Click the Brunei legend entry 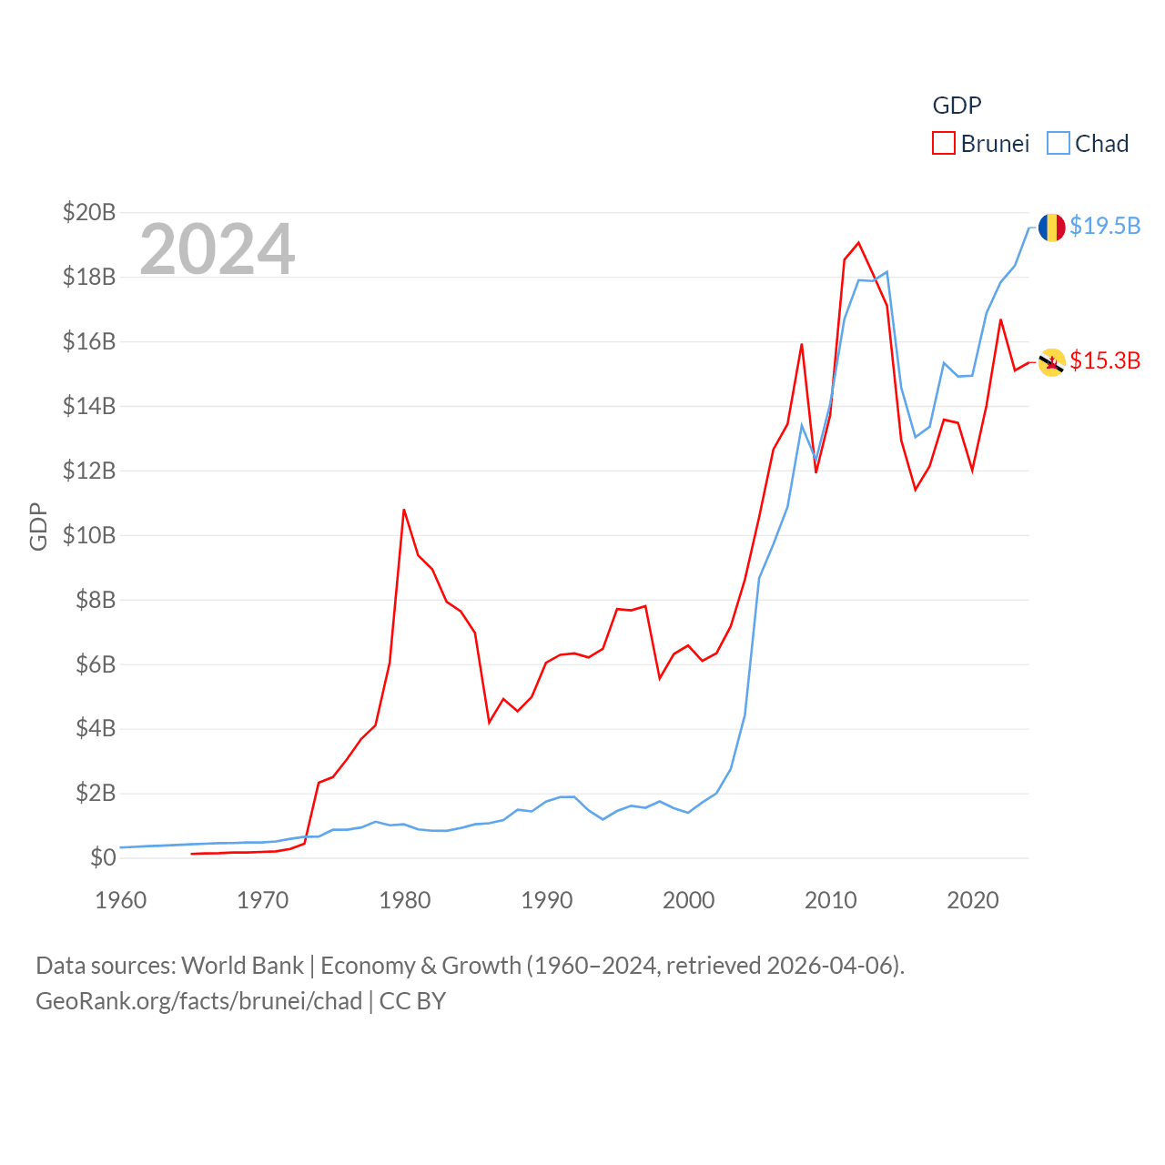coord(981,144)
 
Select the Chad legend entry coord(1089,144)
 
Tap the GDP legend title coord(957,106)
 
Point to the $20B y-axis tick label coord(89,212)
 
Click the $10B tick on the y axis coord(89,535)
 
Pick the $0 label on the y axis coord(103,857)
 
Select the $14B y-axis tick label coord(89,406)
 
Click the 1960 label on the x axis coord(121,900)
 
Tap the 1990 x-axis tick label coord(547,900)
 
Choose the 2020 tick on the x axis coord(973,900)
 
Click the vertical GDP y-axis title coord(38,526)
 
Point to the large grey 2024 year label coord(218,248)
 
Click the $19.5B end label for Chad coord(1105,226)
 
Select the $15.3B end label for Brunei coord(1105,360)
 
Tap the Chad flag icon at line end coord(1052,227)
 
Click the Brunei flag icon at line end coord(1052,362)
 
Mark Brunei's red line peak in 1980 coord(404,510)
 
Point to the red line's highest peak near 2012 coord(858,243)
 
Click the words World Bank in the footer coord(242,965)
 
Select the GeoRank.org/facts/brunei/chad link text coord(198,1001)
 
